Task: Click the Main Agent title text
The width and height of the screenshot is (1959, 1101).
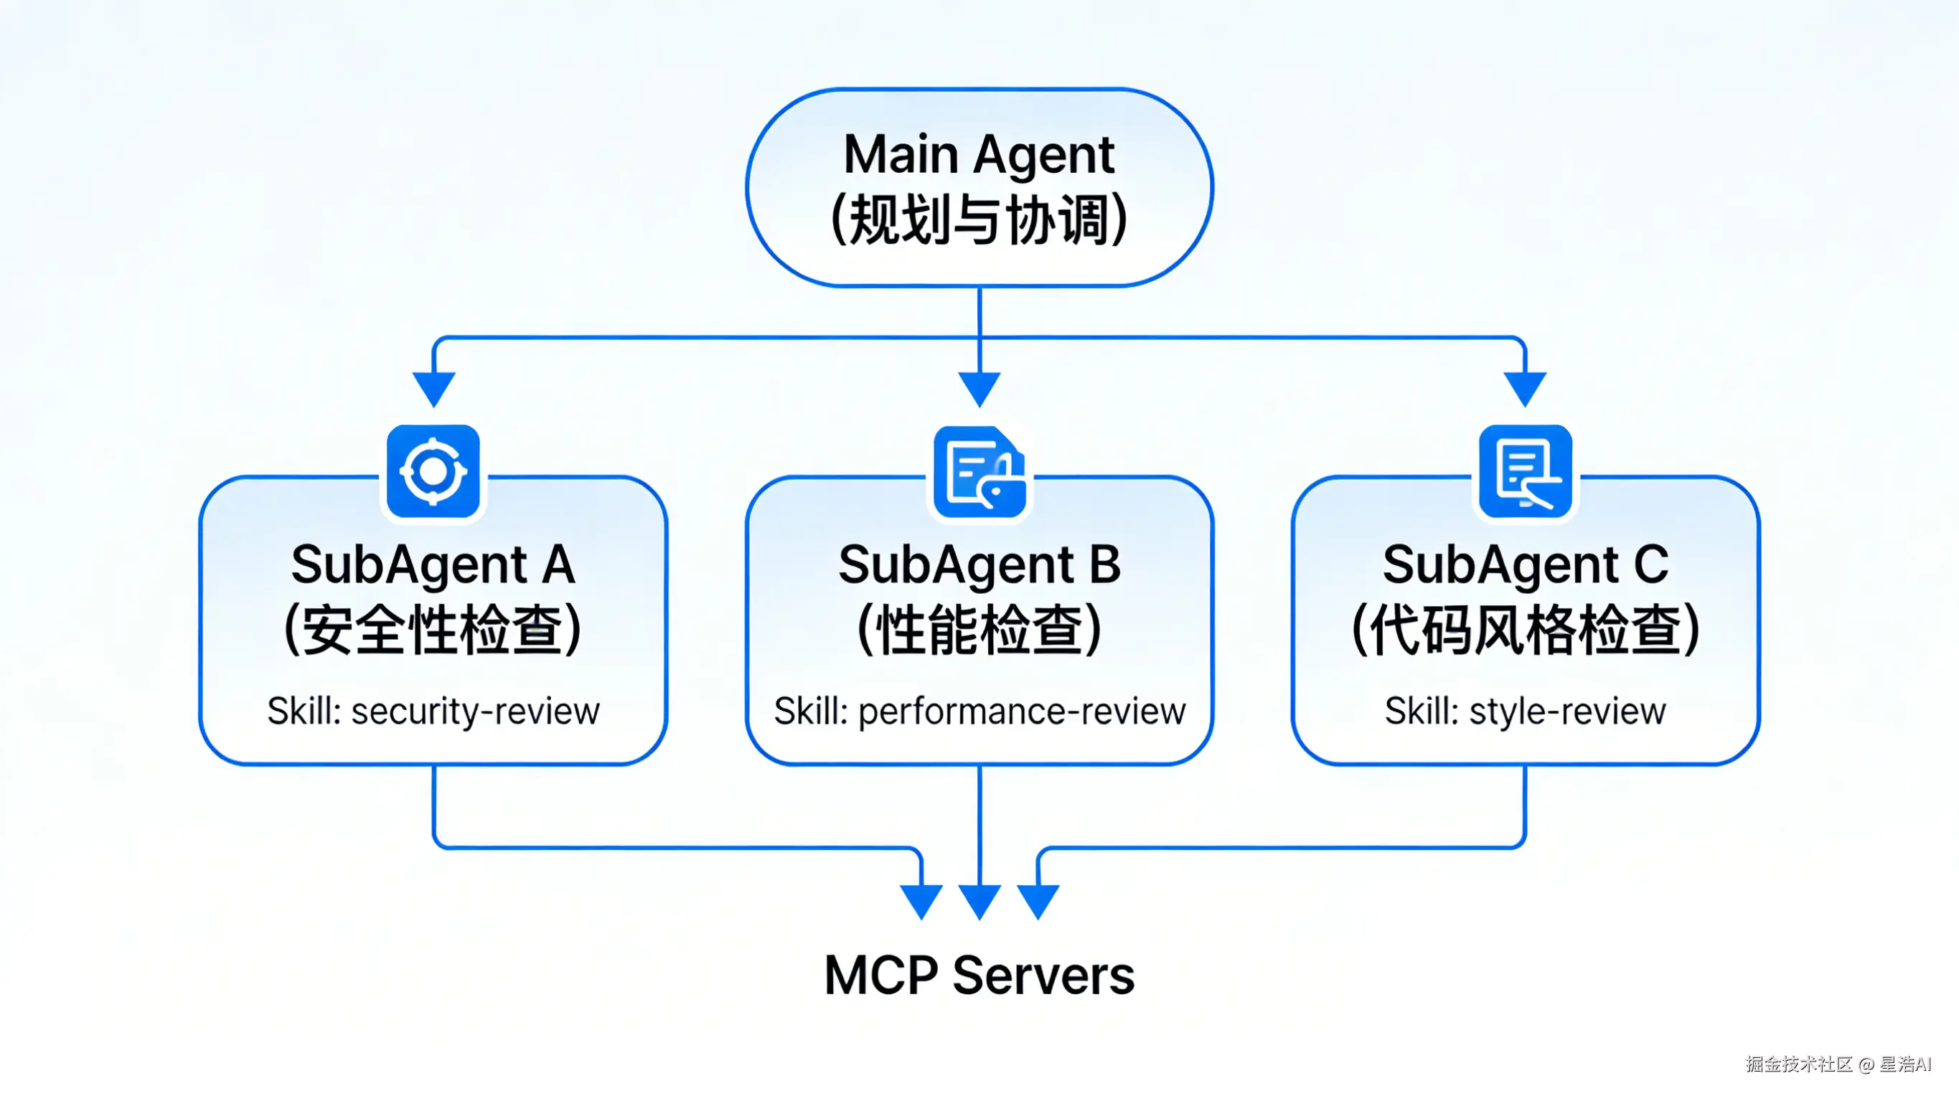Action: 979,155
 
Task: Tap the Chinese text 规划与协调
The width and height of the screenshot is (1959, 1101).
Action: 979,220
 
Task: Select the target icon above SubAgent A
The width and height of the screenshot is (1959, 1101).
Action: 433,471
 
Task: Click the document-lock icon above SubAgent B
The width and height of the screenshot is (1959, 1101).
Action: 979,472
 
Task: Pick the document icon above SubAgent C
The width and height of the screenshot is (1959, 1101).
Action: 1525,471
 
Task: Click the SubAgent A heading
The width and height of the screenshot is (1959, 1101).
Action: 433,565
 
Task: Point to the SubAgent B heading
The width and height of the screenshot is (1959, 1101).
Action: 979,565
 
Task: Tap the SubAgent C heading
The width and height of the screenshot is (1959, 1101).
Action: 1525,565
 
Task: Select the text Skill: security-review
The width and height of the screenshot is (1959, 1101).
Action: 433,712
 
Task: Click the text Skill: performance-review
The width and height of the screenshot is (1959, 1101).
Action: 979,712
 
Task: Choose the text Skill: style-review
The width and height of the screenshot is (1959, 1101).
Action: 1525,712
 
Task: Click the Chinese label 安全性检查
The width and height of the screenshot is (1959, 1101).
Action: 433,630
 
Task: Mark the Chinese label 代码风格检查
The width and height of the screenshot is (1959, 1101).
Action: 1525,630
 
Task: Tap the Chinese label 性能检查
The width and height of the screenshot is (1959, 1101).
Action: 979,630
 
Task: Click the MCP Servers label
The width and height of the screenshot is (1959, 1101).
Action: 979,975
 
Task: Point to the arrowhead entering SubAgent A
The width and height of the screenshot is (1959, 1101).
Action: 433,388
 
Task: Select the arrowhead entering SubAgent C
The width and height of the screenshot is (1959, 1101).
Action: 1525,388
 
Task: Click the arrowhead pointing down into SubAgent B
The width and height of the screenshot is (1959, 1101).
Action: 979,388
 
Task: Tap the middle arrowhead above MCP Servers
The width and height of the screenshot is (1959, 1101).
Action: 979,900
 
